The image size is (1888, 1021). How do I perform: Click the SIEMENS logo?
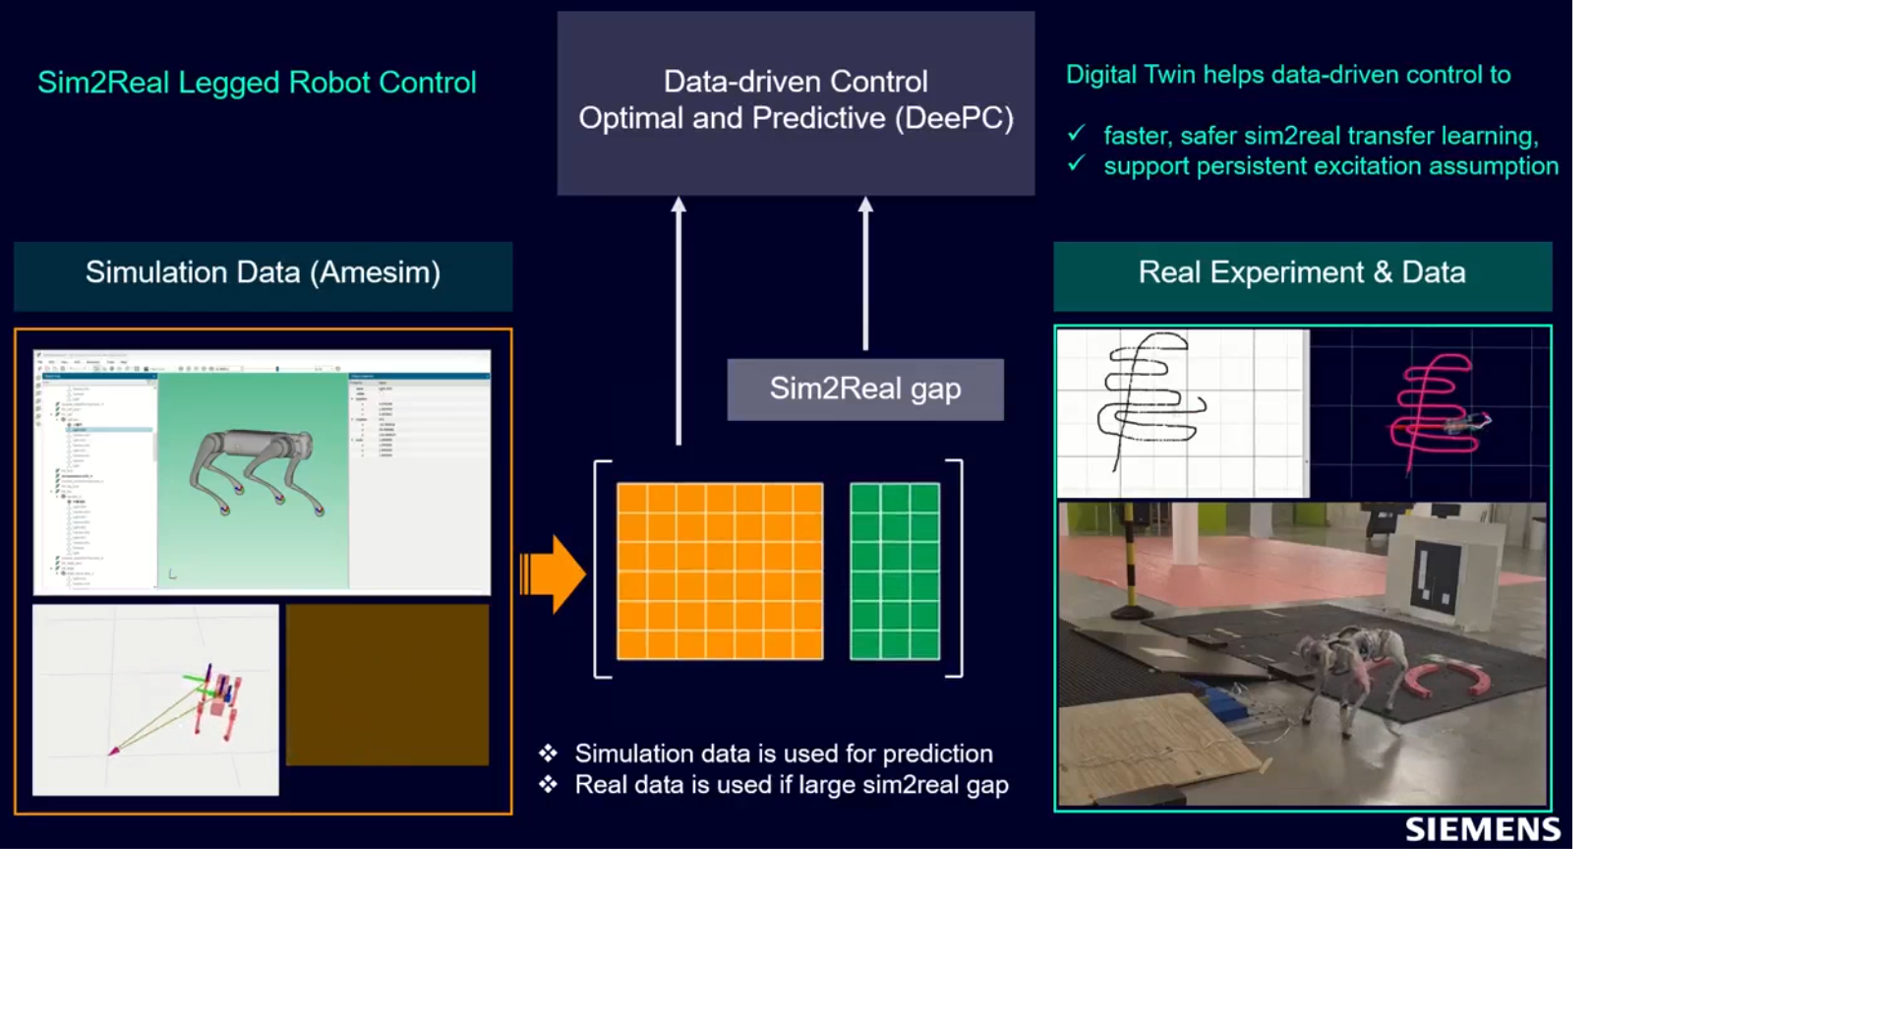coord(1482,829)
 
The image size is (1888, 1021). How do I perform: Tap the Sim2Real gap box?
coord(865,390)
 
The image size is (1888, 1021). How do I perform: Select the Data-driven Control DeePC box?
coord(796,102)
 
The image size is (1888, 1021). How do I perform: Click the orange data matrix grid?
coord(720,571)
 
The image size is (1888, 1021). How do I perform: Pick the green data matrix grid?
coord(895,571)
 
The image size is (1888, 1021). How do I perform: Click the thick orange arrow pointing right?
coord(554,573)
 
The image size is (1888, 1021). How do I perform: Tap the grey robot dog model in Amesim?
coord(256,467)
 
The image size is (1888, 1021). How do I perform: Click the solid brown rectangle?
coord(387,685)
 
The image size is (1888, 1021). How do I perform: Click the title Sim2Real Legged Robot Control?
coord(257,83)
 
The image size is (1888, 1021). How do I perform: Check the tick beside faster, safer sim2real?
coord(1077,133)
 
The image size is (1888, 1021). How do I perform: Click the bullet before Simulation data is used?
coord(548,753)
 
